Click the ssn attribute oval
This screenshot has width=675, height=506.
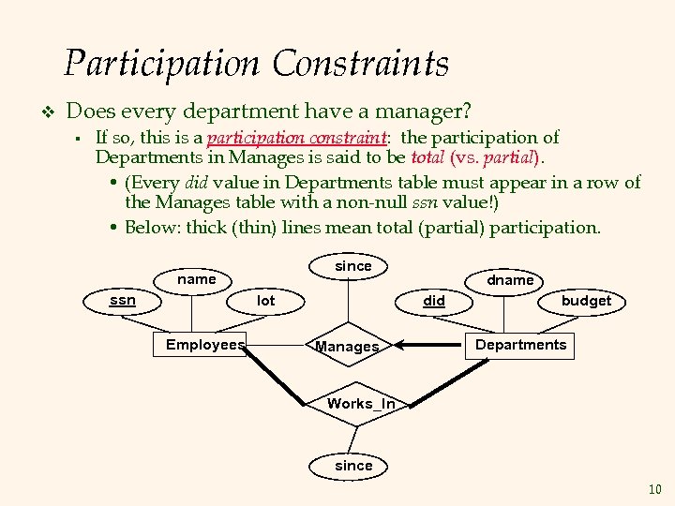click(123, 301)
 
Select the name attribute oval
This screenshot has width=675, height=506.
click(197, 279)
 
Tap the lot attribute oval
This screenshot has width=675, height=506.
click(266, 301)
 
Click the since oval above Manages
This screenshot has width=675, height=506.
click(353, 266)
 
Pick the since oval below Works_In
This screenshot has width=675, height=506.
click(354, 466)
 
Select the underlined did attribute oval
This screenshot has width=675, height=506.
click(434, 301)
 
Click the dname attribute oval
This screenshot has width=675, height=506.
click(510, 279)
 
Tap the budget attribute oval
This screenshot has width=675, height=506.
click(586, 301)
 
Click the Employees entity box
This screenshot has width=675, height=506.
click(205, 345)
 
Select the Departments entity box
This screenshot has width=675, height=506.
click(520, 345)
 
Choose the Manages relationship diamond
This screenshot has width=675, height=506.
click(348, 347)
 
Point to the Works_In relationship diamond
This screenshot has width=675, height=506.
click(360, 404)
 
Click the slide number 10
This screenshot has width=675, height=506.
click(654, 489)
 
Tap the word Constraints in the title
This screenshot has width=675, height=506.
click(361, 64)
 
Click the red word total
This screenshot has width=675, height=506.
click(428, 156)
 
